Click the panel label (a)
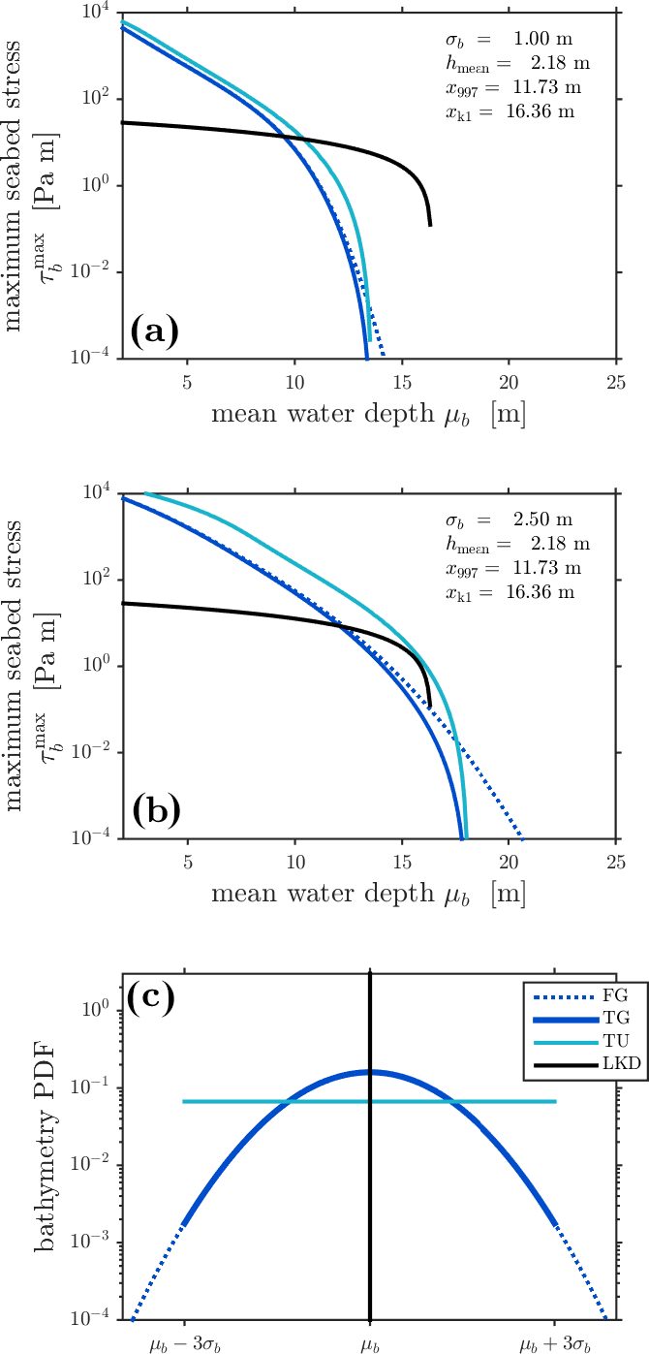tap(154, 332)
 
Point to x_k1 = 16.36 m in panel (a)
tap(505, 111)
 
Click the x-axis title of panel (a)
tap(368, 415)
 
